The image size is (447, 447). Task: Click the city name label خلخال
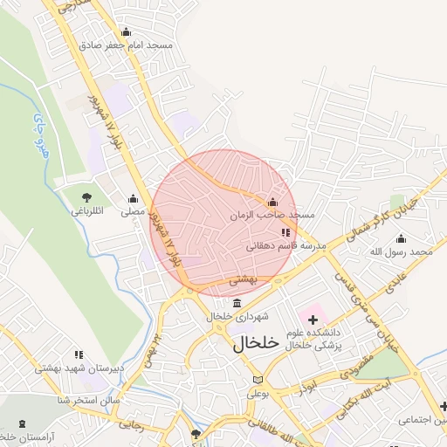click(256, 343)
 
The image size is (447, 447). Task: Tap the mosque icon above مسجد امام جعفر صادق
click(126, 32)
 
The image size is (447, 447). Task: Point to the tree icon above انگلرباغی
click(86, 197)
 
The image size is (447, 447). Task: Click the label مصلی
click(133, 210)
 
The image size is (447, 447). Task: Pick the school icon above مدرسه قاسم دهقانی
click(285, 232)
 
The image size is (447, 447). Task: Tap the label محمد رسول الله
click(401, 251)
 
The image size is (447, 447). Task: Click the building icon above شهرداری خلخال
click(237, 302)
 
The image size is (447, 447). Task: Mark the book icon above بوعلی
click(257, 380)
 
